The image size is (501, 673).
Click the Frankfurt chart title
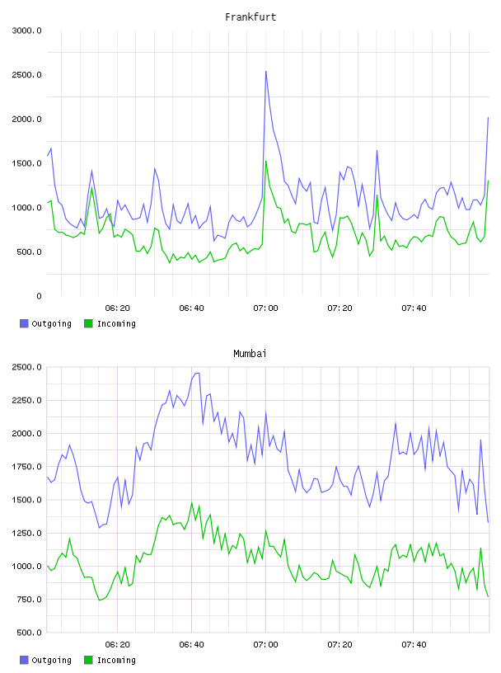point(250,17)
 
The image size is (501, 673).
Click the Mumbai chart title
point(250,354)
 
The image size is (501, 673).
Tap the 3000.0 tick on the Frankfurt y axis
point(26,31)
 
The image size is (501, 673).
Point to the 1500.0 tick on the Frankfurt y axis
point(26,163)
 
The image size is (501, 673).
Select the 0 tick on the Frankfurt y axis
point(39,296)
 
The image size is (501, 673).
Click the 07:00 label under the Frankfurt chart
point(265,308)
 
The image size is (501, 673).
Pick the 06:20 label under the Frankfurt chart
point(118,308)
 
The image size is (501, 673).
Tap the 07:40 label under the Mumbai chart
point(414,645)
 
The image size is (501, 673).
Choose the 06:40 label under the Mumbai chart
point(191,645)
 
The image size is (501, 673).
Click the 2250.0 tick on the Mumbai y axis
point(26,401)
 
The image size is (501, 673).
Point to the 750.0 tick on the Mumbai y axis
point(29,600)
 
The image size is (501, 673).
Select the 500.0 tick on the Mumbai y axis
point(29,633)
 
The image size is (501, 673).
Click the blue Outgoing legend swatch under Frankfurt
point(24,323)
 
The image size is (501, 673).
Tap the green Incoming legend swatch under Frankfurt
point(88,323)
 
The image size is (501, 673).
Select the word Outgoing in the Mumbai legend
point(51,660)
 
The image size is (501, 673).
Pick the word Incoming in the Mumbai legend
point(116,660)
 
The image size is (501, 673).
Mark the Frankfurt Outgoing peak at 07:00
point(266,72)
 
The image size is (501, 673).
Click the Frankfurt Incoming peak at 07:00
point(266,162)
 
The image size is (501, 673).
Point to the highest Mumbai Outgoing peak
point(197,373)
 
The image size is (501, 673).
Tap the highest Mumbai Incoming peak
point(192,502)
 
